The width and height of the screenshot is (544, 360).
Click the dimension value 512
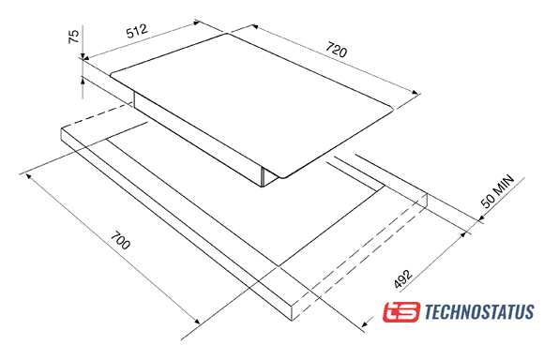pos(137,31)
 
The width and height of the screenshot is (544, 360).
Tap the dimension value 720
pos(336,50)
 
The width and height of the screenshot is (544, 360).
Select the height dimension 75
pos(74,37)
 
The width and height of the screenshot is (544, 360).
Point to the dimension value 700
pos(120,240)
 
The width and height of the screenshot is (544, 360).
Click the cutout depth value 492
pos(403,278)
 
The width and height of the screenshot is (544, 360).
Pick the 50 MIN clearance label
pos(497,191)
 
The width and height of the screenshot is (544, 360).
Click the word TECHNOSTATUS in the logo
pos(479,311)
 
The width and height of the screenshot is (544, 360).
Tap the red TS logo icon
pos(401,312)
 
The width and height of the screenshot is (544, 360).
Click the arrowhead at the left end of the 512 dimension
pos(86,58)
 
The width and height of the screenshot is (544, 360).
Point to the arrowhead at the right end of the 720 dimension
pos(416,92)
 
